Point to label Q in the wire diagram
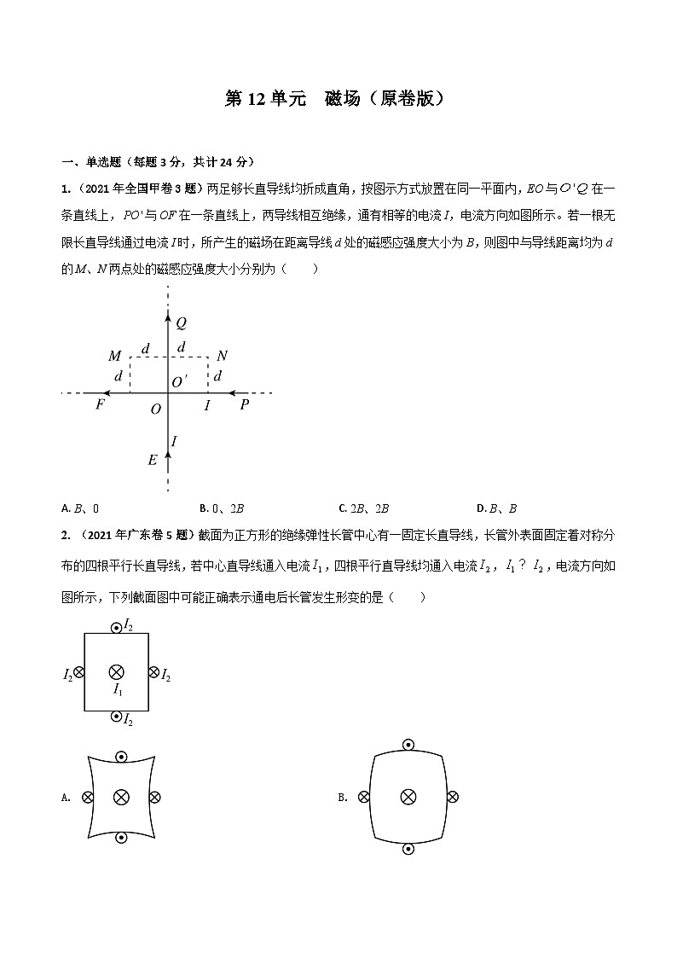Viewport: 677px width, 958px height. tap(182, 323)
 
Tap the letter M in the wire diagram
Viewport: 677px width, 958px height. tap(115, 356)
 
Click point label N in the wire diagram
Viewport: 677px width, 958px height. tap(222, 356)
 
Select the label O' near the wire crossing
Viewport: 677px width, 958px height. tap(180, 382)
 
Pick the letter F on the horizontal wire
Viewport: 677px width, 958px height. tap(100, 404)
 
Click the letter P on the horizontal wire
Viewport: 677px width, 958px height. tap(244, 404)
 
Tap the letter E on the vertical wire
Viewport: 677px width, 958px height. tap(153, 461)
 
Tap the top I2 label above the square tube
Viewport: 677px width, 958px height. tap(128, 625)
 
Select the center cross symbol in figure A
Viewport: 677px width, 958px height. tap(121, 797)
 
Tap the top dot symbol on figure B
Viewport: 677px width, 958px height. tap(408, 746)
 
